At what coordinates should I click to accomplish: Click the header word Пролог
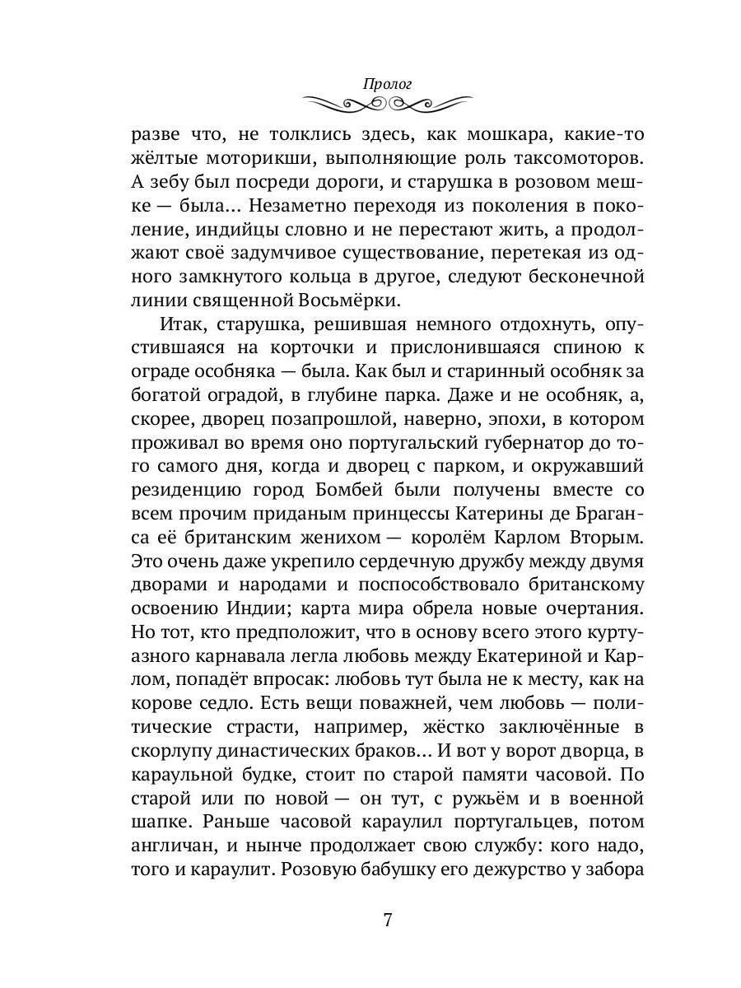pos(386,84)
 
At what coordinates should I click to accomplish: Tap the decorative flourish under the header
pos(386,105)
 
